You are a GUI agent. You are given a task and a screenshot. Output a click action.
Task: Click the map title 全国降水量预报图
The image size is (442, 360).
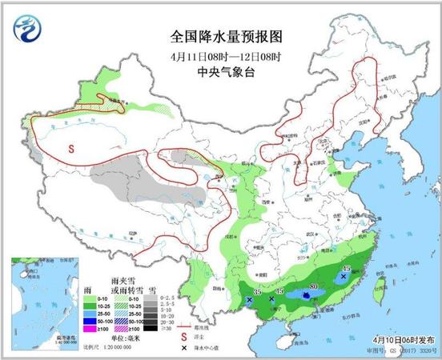tap(227, 38)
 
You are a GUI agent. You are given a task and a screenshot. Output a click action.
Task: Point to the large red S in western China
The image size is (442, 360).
tap(70, 149)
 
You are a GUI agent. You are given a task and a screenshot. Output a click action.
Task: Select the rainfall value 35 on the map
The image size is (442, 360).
tap(256, 292)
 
